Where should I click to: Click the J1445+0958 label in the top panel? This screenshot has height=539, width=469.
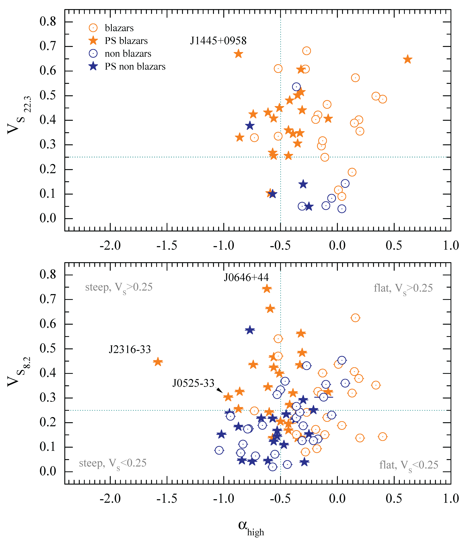tap(218, 41)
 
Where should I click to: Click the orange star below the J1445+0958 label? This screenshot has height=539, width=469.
tap(238, 54)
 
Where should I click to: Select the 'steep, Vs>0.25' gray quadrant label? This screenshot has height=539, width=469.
tap(119, 287)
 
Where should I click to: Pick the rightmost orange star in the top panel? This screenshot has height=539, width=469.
tap(407, 59)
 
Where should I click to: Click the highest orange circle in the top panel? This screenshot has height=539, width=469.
tap(306, 51)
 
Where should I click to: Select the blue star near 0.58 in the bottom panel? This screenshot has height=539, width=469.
tap(250, 330)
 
